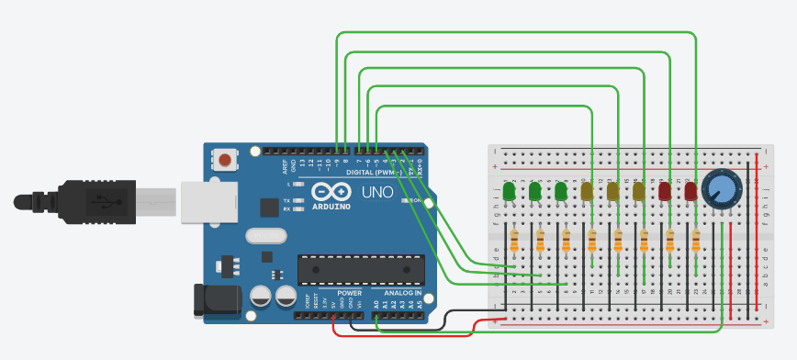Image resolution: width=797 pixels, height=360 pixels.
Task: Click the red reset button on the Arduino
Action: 225,161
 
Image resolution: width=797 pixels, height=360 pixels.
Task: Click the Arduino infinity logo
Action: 331,192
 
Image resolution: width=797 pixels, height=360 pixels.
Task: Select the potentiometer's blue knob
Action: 720,191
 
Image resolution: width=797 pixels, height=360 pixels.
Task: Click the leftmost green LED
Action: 509,191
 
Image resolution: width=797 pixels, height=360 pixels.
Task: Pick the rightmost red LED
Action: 690,191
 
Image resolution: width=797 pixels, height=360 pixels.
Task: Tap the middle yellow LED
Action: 612,191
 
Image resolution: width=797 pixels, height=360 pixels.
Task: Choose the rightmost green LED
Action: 561,191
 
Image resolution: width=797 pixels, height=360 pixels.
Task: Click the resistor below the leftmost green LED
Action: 514,241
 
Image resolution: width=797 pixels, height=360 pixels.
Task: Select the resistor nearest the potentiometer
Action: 696,241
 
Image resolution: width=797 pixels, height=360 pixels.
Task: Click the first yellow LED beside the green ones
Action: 587,191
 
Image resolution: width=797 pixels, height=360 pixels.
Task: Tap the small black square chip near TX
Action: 268,208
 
